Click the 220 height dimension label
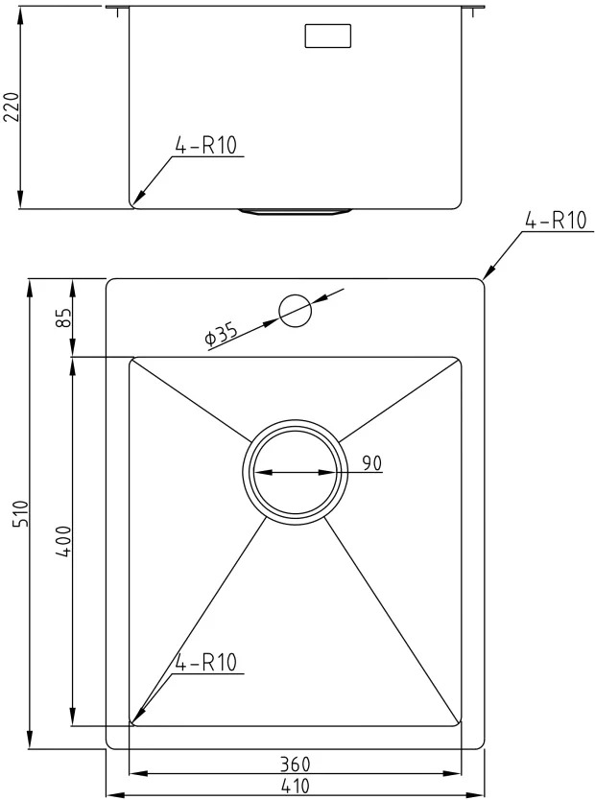pyautogui.click(x=12, y=107)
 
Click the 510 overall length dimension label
pyautogui.click(x=22, y=514)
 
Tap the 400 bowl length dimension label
pyautogui.click(x=64, y=541)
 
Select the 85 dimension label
pyautogui.click(x=63, y=318)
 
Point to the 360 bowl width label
pyautogui.click(x=295, y=765)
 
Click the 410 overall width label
pyautogui.click(x=295, y=786)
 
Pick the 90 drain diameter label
pyautogui.click(x=371, y=463)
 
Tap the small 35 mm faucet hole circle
pyautogui.click(x=295, y=311)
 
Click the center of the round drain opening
pyautogui.click(x=295, y=472)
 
